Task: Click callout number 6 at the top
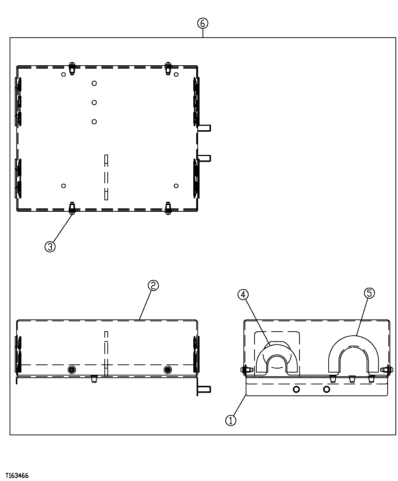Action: click(203, 23)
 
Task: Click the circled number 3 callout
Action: click(50, 246)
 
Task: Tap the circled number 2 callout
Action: click(153, 285)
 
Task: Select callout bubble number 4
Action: click(243, 294)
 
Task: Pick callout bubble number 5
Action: click(369, 293)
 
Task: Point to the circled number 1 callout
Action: click(231, 420)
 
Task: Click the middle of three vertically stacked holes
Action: click(94, 102)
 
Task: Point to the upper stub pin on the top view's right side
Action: click(205, 128)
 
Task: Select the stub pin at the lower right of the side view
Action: click(205, 389)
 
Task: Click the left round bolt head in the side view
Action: click(72, 370)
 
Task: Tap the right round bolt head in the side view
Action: click(168, 370)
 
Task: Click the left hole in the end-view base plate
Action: click(296, 389)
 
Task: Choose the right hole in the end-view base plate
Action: click(326, 389)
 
